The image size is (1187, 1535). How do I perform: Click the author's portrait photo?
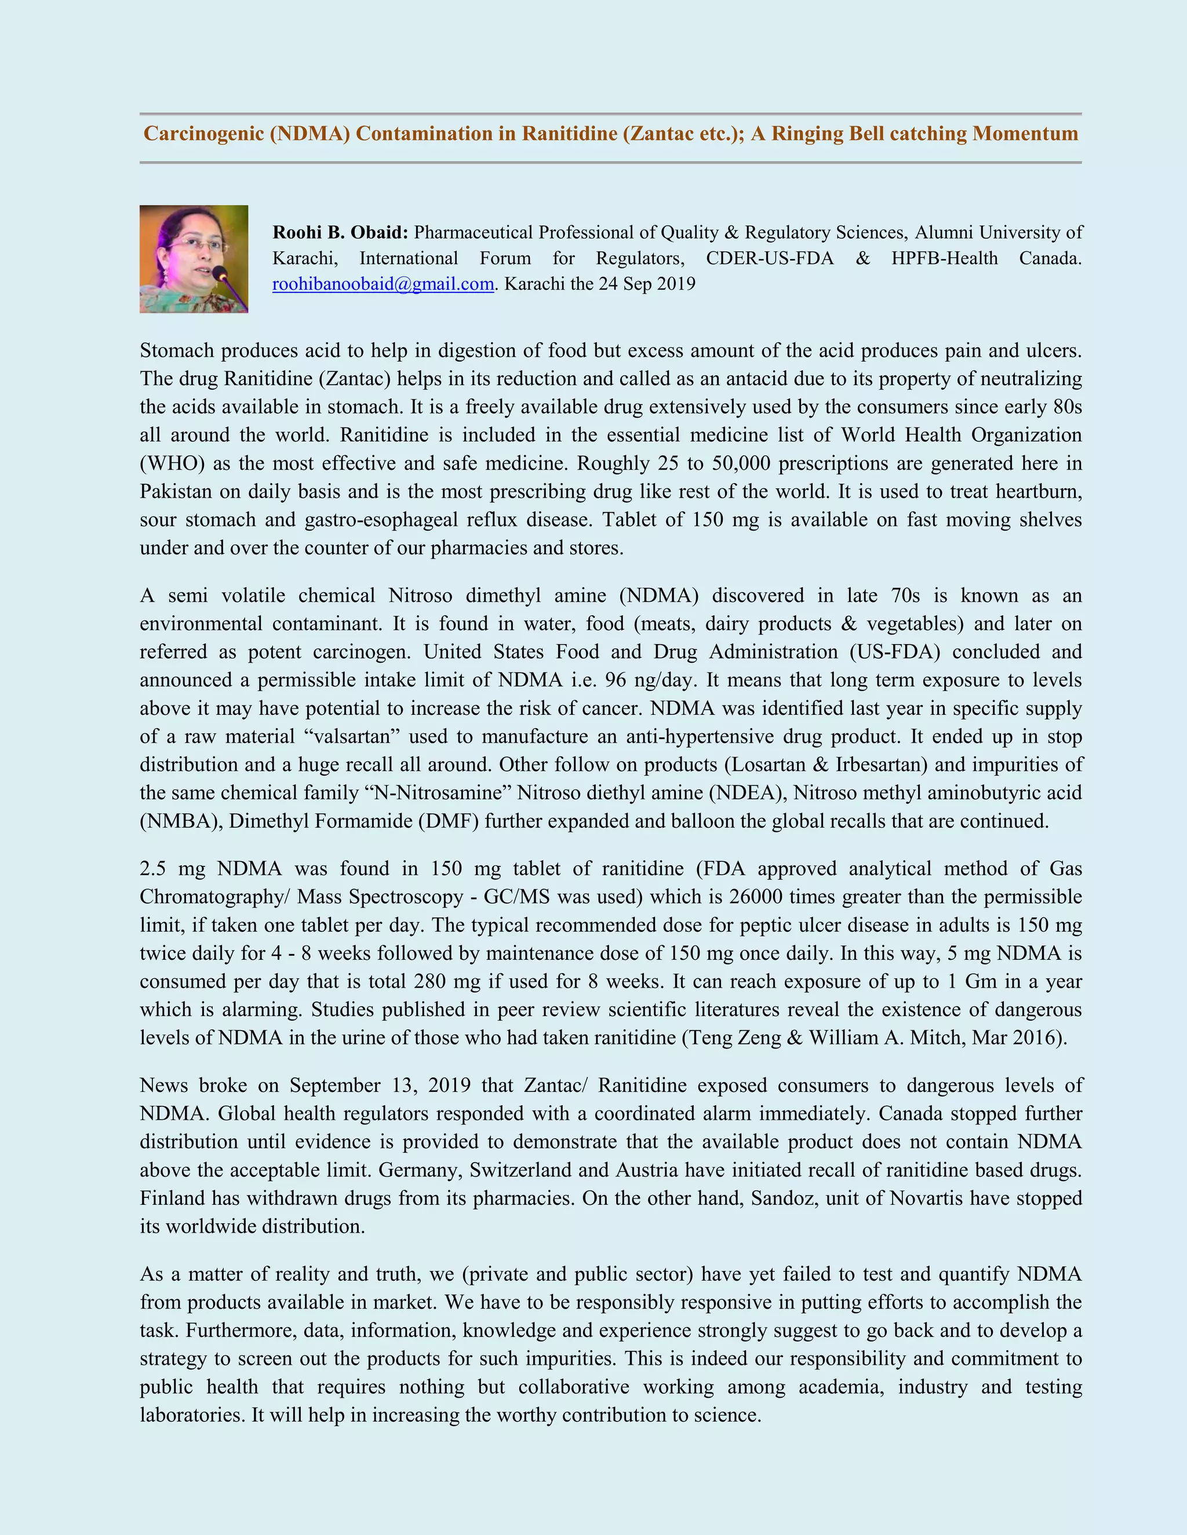pyautogui.click(x=194, y=259)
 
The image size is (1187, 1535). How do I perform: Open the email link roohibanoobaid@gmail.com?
pyautogui.click(x=383, y=284)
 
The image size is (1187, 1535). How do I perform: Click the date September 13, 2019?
pyautogui.click(x=380, y=1085)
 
